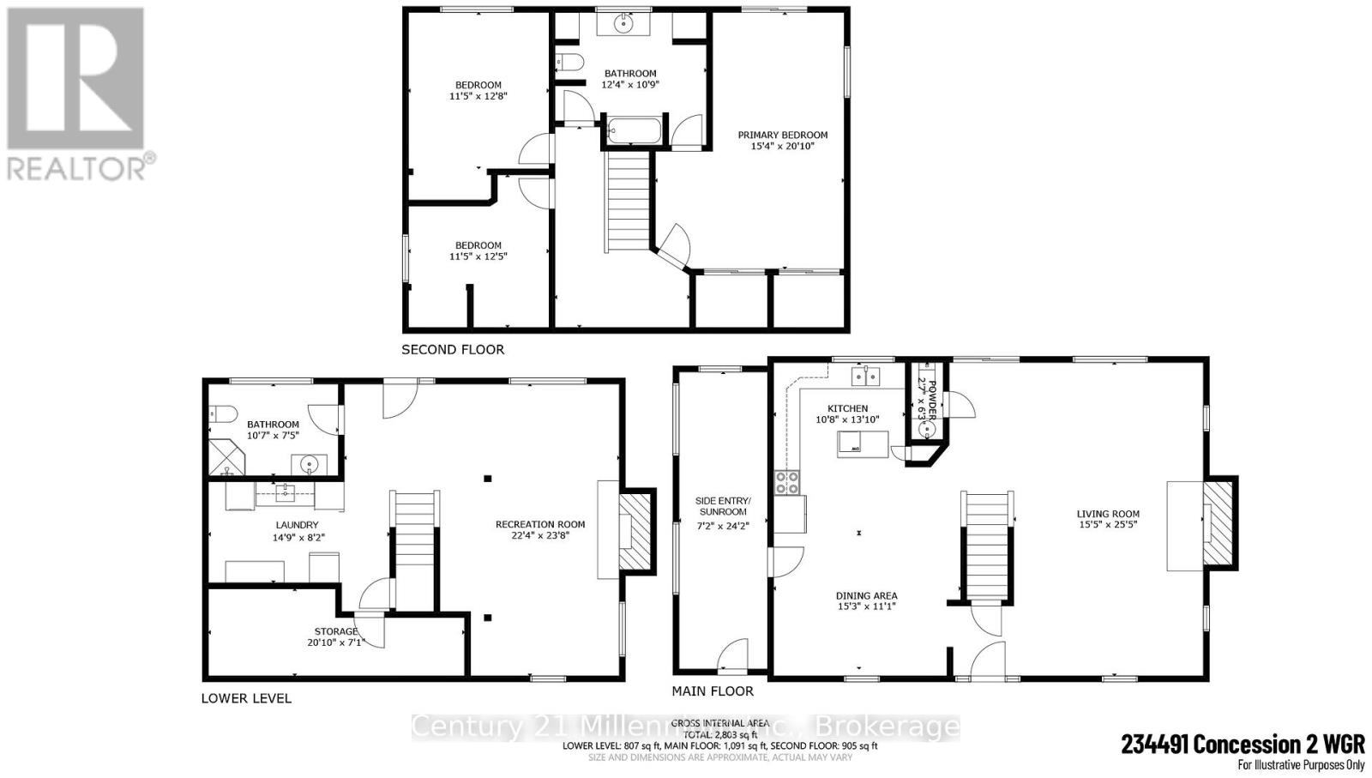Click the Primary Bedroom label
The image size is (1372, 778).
pyautogui.click(x=782, y=135)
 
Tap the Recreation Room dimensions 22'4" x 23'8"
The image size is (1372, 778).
pyautogui.click(x=540, y=536)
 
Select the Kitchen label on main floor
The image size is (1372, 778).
pyautogui.click(x=847, y=408)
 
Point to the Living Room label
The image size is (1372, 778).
pyautogui.click(x=1108, y=514)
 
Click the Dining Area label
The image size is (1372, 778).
pyautogui.click(x=866, y=595)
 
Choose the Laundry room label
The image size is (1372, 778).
pyautogui.click(x=297, y=525)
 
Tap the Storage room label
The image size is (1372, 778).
pyautogui.click(x=336, y=631)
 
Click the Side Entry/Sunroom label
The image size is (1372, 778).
pyautogui.click(x=723, y=506)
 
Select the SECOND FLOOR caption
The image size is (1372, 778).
pyautogui.click(x=453, y=350)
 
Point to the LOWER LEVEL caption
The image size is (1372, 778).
pyautogui.click(x=246, y=698)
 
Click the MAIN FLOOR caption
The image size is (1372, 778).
pyautogui.click(x=713, y=691)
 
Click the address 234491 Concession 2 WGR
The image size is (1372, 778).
pyautogui.click(x=1243, y=744)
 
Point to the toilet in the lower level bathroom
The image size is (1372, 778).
pyautogui.click(x=221, y=414)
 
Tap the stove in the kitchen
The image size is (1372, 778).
pyautogui.click(x=787, y=483)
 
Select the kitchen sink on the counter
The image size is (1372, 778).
pyautogui.click(x=866, y=375)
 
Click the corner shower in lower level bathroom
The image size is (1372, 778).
pyautogui.click(x=227, y=457)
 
